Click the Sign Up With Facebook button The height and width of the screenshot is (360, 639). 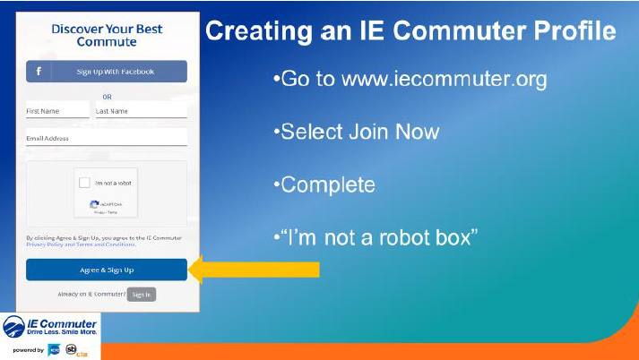coord(107,72)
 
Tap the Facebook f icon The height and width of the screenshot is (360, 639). coord(38,72)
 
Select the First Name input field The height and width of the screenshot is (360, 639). coord(57,111)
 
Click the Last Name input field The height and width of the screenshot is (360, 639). coord(140,111)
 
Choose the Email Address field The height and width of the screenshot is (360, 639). coord(106,139)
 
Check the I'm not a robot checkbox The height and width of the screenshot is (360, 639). coord(84,183)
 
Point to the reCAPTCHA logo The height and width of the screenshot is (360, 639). coord(95,204)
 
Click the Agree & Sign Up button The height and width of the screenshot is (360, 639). coord(107,270)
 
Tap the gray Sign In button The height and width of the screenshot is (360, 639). coord(142,294)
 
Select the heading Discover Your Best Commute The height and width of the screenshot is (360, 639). coord(107,36)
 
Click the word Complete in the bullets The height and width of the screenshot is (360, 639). coord(327,184)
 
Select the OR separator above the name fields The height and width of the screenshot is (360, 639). coord(107,97)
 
